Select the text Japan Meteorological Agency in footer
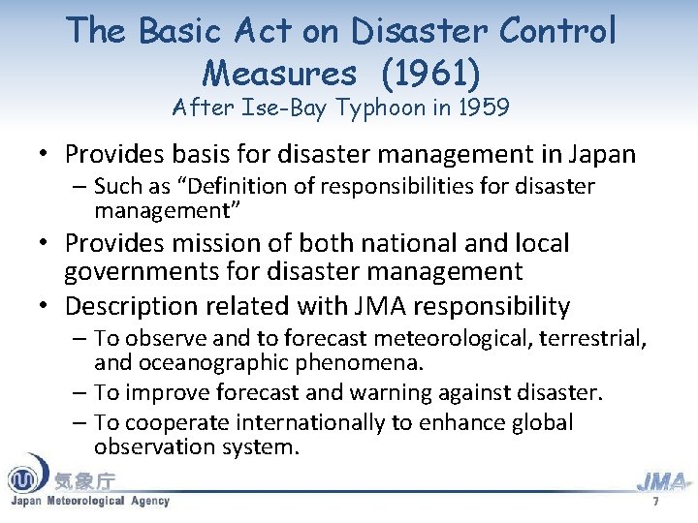click(x=89, y=501)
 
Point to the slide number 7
click(x=656, y=503)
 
